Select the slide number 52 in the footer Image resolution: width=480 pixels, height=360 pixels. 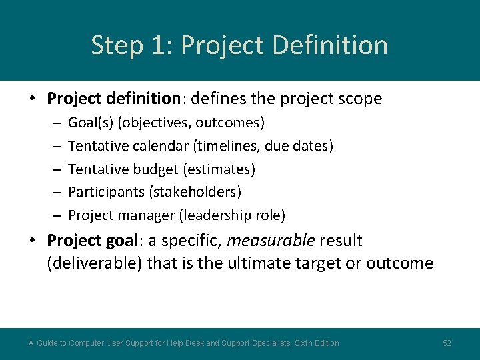(x=447, y=343)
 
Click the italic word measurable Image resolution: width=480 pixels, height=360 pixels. (x=271, y=240)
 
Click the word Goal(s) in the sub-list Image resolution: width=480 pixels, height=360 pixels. (x=91, y=123)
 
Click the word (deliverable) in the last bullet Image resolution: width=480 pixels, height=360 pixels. (x=95, y=263)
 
